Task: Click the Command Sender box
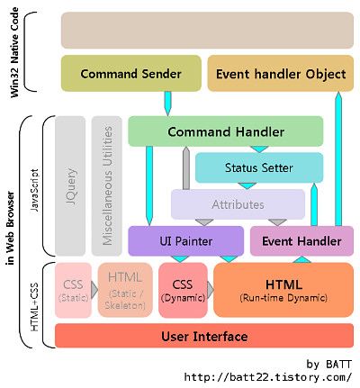click(131, 73)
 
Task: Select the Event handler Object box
click(281, 73)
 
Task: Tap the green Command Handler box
click(226, 131)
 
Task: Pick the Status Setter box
click(259, 167)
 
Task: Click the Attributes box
click(238, 204)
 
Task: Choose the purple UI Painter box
click(186, 241)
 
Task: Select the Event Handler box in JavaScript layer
click(301, 241)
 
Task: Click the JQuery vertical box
click(70, 186)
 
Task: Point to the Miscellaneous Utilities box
click(107, 186)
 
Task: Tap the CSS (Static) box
click(73, 290)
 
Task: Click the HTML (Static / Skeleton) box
click(125, 290)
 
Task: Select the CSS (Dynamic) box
click(183, 290)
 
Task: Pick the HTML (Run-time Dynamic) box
click(283, 290)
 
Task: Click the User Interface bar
click(204, 336)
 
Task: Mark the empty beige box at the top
click(207, 31)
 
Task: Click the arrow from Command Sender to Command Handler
click(168, 104)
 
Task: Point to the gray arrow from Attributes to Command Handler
click(186, 168)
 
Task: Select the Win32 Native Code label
click(14, 52)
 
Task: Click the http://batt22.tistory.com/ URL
click(267, 377)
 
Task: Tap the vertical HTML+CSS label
click(34, 307)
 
